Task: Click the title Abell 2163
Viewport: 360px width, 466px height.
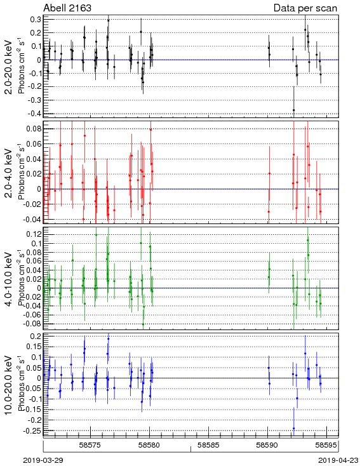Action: coord(67,8)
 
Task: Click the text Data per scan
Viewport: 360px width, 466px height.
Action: coord(305,8)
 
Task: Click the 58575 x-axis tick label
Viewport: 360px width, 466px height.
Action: coord(91,445)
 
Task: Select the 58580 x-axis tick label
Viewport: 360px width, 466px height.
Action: coord(150,445)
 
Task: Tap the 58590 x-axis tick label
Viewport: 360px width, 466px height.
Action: coord(268,445)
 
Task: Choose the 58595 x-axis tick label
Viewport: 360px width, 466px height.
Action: coord(327,445)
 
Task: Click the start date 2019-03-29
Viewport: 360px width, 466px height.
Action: coord(43,460)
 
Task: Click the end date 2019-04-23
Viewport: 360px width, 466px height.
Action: coord(338,460)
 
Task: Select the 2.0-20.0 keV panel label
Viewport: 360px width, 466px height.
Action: coord(9,67)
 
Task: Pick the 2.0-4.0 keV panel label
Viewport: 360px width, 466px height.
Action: coord(9,173)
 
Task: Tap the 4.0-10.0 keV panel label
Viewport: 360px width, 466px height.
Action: coord(9,279)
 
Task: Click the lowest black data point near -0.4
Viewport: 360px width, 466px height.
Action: coord(294,110)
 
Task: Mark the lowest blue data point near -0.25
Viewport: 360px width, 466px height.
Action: coord(294,429)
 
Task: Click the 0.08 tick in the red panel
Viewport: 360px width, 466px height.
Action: coord(34,129)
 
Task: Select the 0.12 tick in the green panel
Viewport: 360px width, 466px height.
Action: coord(34,234)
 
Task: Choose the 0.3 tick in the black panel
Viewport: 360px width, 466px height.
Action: coord(36,19)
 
